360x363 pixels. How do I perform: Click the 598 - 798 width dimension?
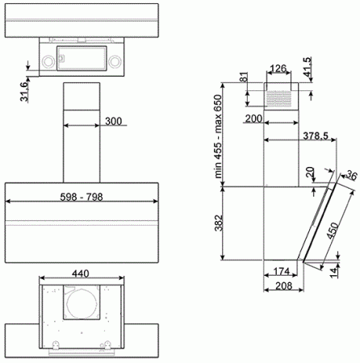point(82,197)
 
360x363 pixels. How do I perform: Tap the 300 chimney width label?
point(113,121)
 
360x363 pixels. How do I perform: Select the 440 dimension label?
point(81,273)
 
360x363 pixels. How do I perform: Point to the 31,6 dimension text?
point(24,92)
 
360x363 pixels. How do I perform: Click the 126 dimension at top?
point(278,69)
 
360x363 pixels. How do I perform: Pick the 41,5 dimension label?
point(307,67)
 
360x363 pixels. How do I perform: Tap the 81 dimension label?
point(243,77)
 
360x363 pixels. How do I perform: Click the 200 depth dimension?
point(253,119)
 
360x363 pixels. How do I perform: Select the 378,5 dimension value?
point(316,136)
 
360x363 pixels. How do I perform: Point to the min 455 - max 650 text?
point(218,136)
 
